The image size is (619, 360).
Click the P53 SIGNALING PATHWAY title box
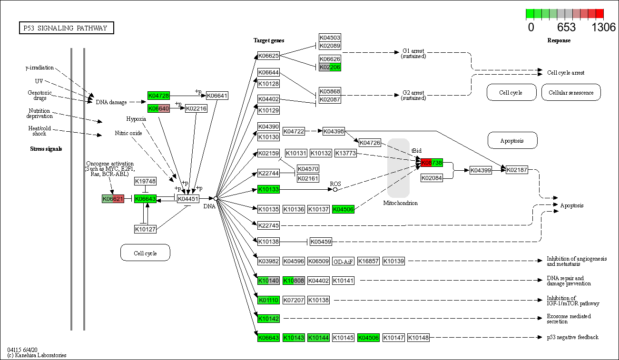[66, 28]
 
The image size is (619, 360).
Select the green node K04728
[158, 96]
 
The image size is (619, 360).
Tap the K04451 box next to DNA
[188, 199]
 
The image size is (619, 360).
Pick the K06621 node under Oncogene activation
[113, 199]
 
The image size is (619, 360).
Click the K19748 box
[145, 181]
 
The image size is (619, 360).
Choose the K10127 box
[145, 229]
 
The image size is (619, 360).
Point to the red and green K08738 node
[432, 163]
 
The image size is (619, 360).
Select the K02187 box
[517, 170]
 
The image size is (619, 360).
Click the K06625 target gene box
[268, 56]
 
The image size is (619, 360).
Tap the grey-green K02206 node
[330, 67]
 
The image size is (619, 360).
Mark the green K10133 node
[268, 190]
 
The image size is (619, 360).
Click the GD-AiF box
[343, 261]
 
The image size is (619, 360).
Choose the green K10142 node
[268, 319]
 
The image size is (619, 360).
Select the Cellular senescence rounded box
[571, 93]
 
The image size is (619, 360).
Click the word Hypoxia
[136, 119]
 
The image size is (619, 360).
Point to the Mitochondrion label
[400, 203]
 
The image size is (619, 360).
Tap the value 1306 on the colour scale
[603, 27]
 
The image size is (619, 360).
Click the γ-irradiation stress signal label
[39, 68]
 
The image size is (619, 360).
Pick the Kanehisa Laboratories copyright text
[37, 355]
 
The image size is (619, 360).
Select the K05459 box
[321, 242]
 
